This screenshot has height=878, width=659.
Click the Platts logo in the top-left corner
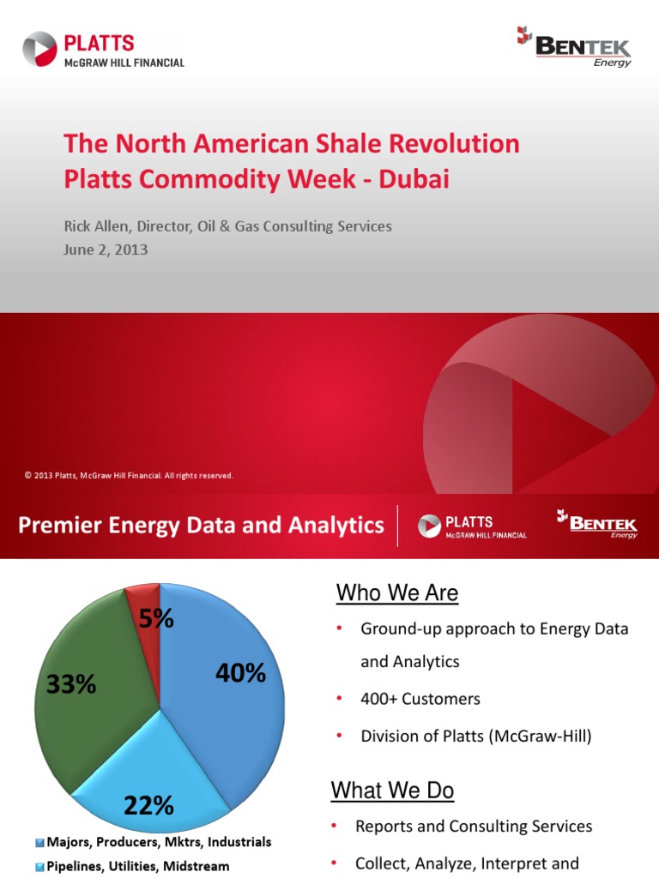[x=103, y=50]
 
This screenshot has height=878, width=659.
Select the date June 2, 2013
[x=106, y=250]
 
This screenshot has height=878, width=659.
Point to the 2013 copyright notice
[x=130, y=475]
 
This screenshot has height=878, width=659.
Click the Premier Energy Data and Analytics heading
[x=202, y=525]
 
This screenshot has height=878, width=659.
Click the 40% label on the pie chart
[x=240, y=673]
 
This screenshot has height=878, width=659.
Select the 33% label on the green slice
[x=71, y=684]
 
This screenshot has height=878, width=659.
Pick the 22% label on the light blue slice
[x=148, y=805]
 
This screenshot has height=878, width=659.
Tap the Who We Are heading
[x=396, y=592]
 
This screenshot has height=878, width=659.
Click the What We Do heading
[x=395, y=790]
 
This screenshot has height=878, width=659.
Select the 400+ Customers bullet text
[x=420, y=699]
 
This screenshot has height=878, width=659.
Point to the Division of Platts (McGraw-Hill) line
[x=476, y=736]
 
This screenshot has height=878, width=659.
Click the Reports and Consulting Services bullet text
[x=474, y=827]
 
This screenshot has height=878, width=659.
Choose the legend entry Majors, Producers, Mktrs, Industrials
[x=154, y=842]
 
